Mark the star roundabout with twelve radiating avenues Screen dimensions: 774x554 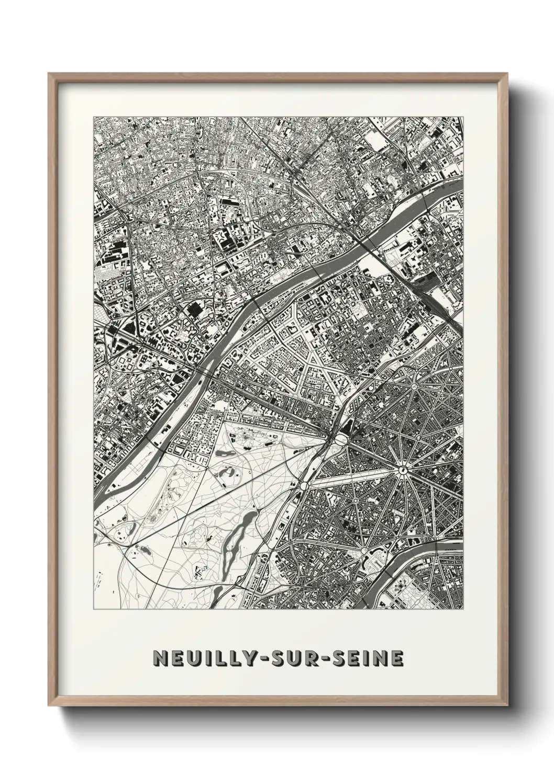click(x=403, y=470)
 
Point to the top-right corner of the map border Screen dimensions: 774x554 click(x=463, y=117)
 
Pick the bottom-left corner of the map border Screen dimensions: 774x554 click(x=94, y=609)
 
